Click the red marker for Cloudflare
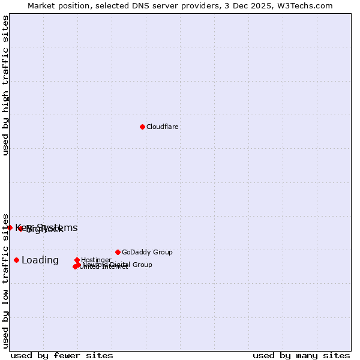[142, 127]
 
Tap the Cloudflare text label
[163, 127]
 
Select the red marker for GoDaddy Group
[118, 252]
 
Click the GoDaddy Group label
[147, 253]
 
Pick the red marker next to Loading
[16, 260]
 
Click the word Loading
[40, 260]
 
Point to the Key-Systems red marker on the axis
[10, 227]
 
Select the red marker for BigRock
[20, 229]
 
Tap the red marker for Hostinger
[77, 260]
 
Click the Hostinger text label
[96, 260]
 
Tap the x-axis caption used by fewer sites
[62, 355]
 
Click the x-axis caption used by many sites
[301, 355]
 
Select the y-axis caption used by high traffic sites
[6, 85]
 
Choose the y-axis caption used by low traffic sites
[6, 280]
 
